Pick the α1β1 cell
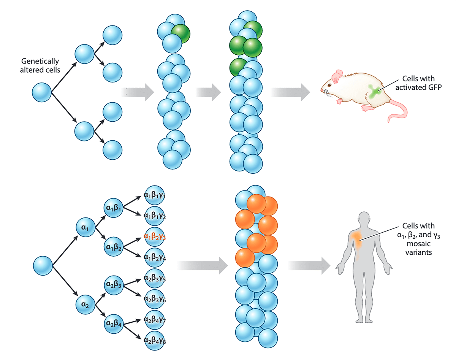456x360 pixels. pos(113,208)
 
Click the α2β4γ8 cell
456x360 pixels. pos(155,339)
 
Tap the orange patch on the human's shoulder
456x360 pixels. pos(356,237)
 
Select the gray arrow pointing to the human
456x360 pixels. pos(308,265)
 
